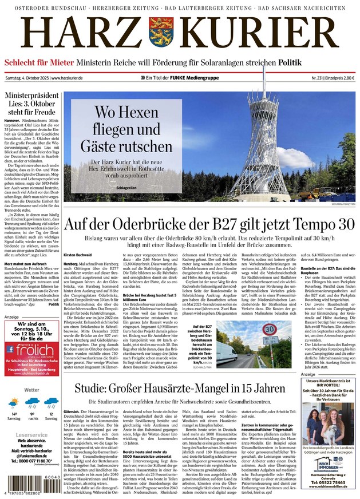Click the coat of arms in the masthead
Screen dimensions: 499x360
point(161,34)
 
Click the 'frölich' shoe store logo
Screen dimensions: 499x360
point(34,350)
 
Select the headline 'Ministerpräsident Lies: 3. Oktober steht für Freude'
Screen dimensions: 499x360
point(31,105)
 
